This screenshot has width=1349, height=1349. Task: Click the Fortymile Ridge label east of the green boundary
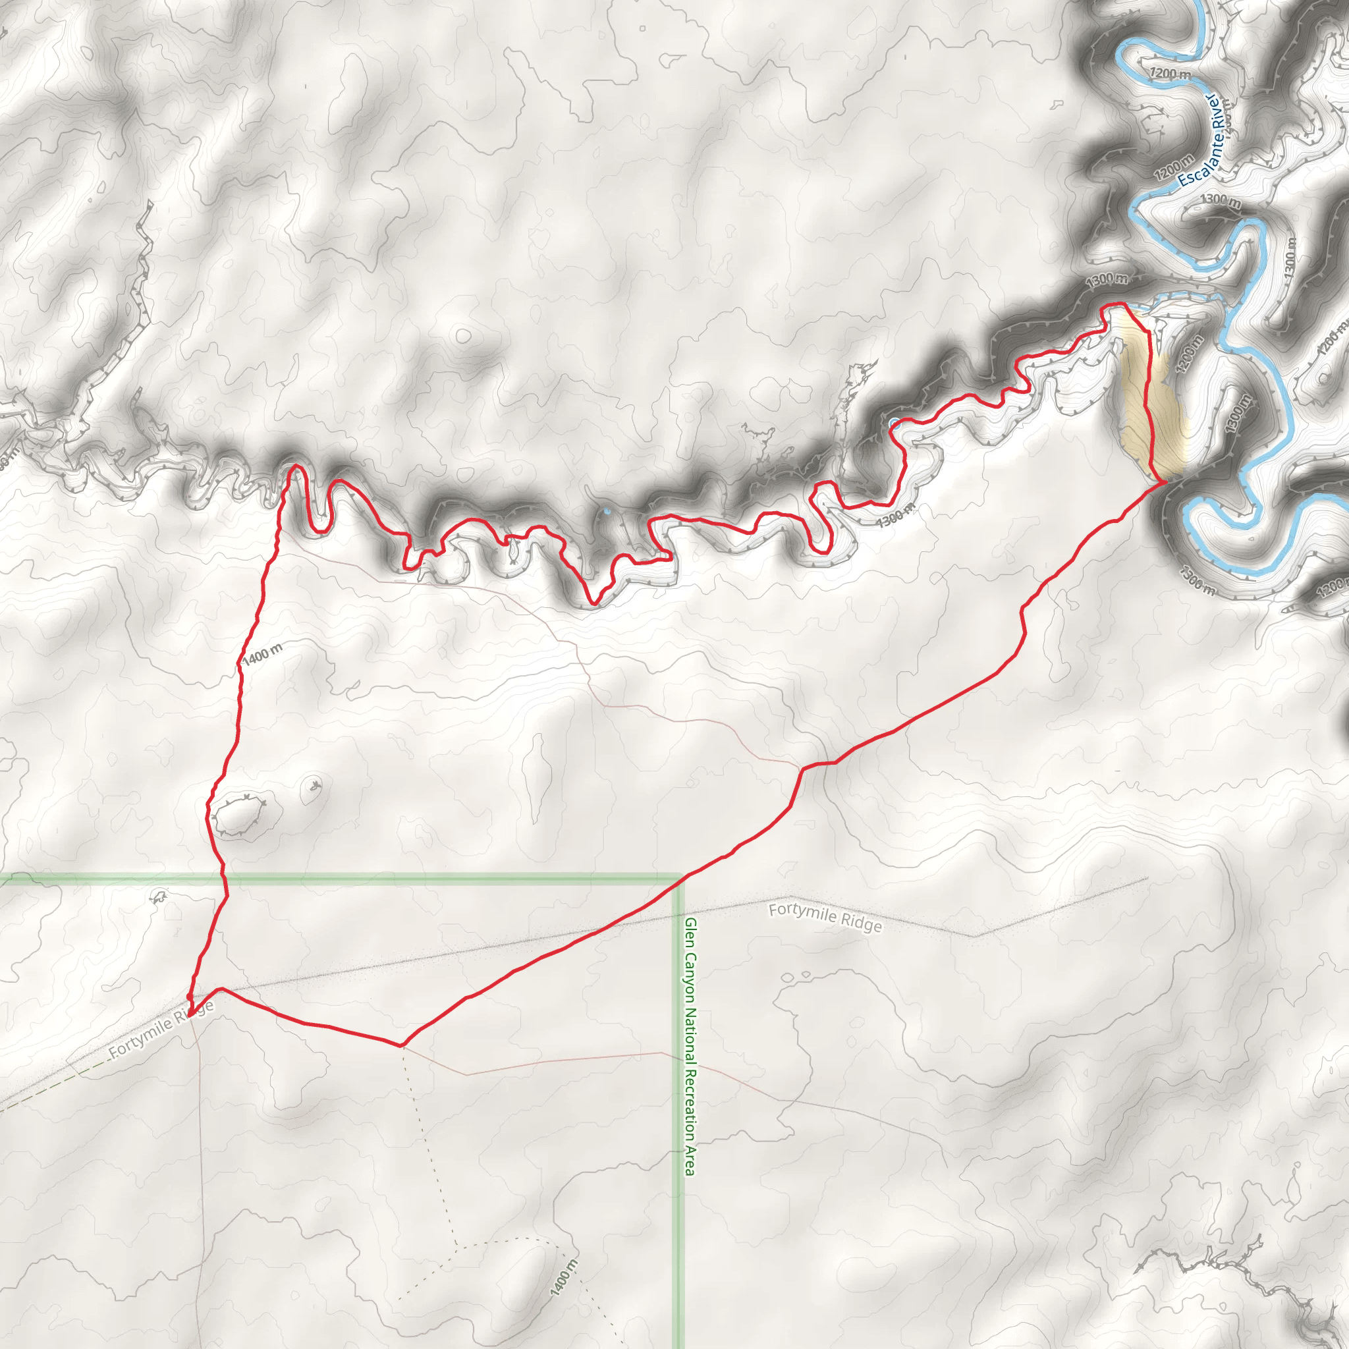[825, 918]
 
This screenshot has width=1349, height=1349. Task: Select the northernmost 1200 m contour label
[1170, 72]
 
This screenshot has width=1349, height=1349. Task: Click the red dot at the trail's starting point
[190, 997]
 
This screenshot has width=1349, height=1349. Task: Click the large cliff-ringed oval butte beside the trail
[240, 813]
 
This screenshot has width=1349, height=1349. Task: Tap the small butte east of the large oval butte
[312, 789]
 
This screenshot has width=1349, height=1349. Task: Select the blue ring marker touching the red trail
[895, 422]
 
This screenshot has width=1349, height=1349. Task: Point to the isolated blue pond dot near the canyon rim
[607, 512]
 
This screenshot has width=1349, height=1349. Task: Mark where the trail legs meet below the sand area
[1162, 481]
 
